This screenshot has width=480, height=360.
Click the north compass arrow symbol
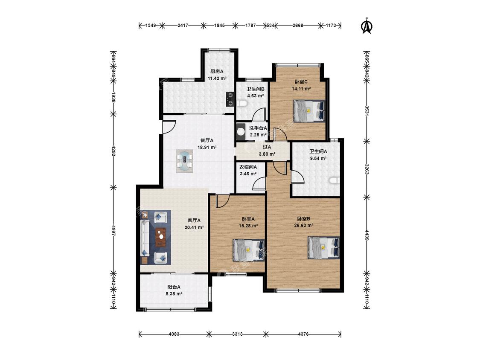tap(367, 26)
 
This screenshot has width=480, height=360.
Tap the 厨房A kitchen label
tap(217, 71)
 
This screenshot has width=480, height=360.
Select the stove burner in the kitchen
tap(230, 99)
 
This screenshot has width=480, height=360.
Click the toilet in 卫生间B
tap(242, 103)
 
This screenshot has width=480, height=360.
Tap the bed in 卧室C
tap(309, 111)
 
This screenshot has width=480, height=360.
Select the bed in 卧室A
tap(248, 250)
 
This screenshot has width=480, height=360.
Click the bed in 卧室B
tap(323, 247)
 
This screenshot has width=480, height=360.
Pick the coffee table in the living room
tap(161, 237)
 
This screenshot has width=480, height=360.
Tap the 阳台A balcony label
tap(174, 287)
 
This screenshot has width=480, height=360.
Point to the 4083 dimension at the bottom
tap(174, 334)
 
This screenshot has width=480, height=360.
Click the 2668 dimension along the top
tap(298, 26)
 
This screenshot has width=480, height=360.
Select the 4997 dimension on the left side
tap(113, 230)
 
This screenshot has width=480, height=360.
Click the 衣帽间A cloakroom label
tap(248, 167)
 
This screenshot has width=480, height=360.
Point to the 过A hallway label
tap(267, 147)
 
